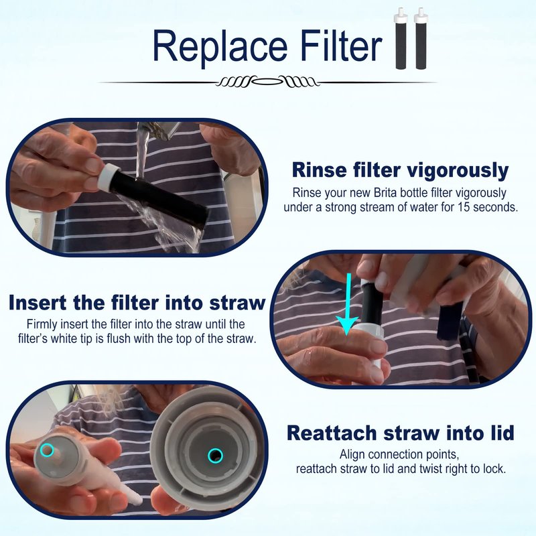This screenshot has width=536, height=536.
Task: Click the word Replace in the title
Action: [220, 47]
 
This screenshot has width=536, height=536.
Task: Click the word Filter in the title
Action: [341, 45]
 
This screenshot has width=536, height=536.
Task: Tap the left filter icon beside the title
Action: [401, 38]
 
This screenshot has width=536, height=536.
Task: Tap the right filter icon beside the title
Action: [421, 38]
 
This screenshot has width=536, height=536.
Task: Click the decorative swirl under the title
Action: [267, 82]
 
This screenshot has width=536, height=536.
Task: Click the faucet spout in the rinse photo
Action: [159, 130]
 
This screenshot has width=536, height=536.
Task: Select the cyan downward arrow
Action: [347, 304]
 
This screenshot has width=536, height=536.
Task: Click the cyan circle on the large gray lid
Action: [215, 456]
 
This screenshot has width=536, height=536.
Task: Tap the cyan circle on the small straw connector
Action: [46, 450]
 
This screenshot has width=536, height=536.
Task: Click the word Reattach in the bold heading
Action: [332, 433]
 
